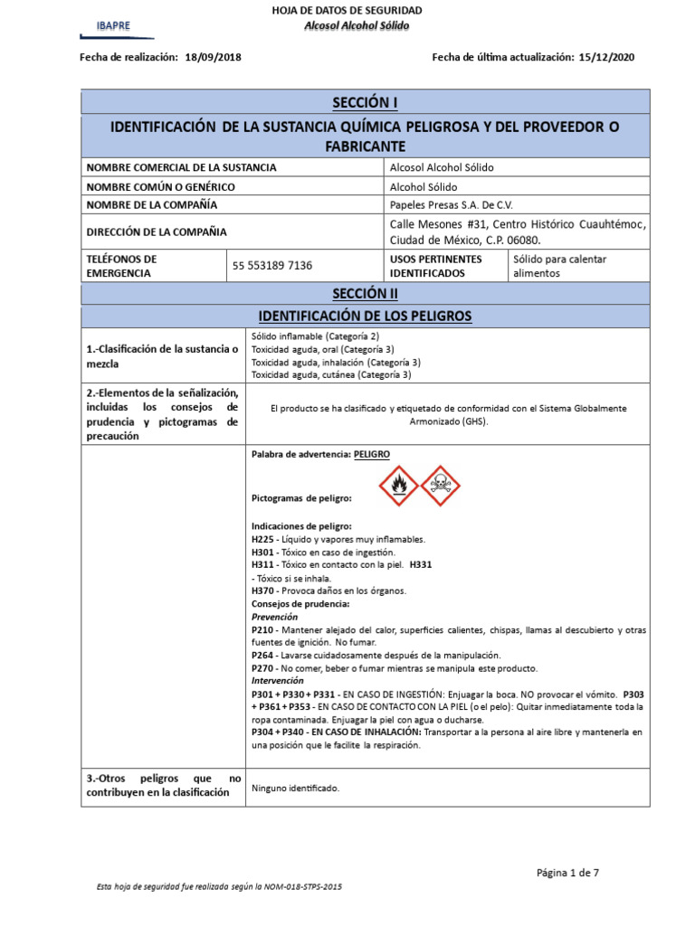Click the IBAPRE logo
114,26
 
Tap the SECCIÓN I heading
365,100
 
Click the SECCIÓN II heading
365,294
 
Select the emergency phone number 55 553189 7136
272,266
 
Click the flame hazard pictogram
398,486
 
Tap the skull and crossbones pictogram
440,486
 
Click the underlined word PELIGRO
373,454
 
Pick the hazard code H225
262,539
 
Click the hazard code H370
262,591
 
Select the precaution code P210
262,629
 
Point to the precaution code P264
262,655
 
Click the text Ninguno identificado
295,789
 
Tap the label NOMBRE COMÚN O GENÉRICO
160,186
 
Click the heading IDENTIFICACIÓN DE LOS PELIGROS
365,317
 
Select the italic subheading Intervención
277,680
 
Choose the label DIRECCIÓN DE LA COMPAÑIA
156,231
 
